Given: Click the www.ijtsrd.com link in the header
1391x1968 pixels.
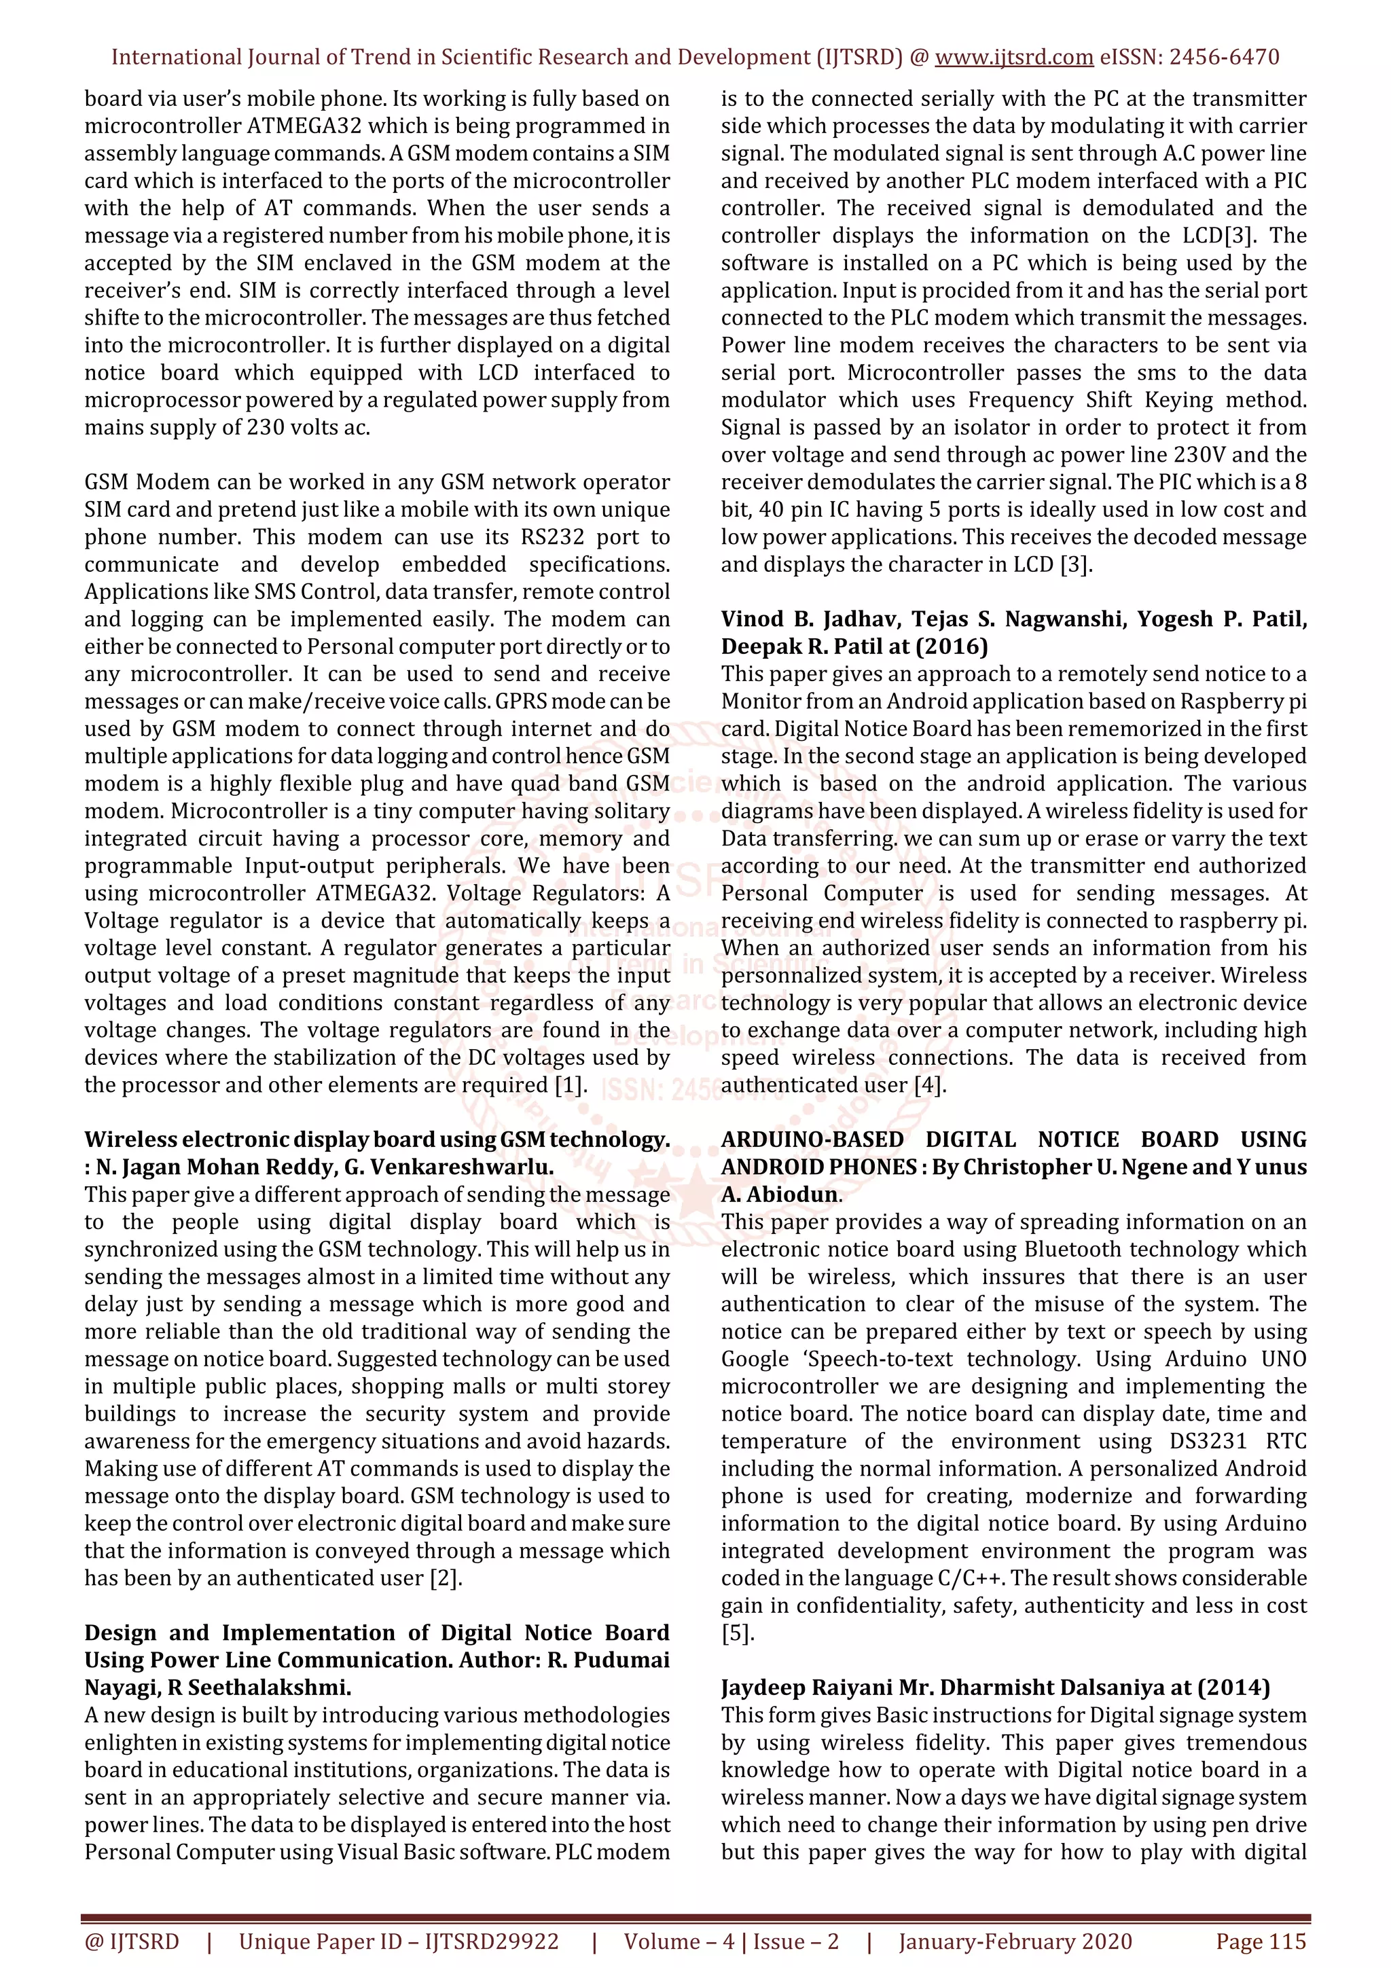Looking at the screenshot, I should click(1013, 58).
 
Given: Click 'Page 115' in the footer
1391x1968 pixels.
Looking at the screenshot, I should click(1261, 1942).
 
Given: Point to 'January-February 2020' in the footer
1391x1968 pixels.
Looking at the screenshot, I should click(1015, 1942).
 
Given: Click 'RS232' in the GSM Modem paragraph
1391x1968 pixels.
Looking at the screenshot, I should click(559, 537).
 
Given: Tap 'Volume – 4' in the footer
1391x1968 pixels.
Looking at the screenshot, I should click(678, 1942).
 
